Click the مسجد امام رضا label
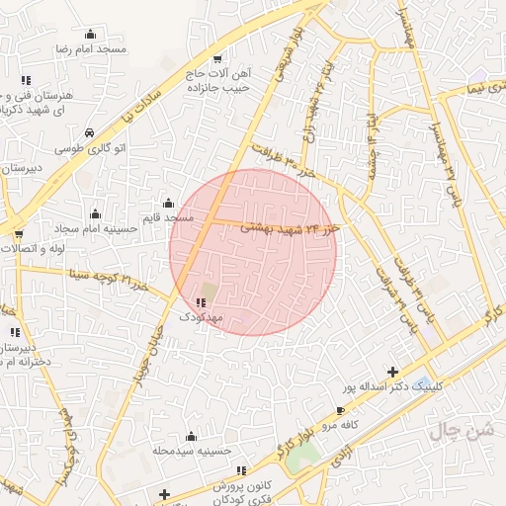point(91,48)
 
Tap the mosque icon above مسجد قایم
point(168,203)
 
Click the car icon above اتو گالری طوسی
point(90,132)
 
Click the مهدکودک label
point(201,317)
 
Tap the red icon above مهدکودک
point(201,302)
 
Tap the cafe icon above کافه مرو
point(341,410)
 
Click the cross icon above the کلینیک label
point(393,372)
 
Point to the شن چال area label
point(461,430)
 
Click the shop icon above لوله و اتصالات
point(19,234)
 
